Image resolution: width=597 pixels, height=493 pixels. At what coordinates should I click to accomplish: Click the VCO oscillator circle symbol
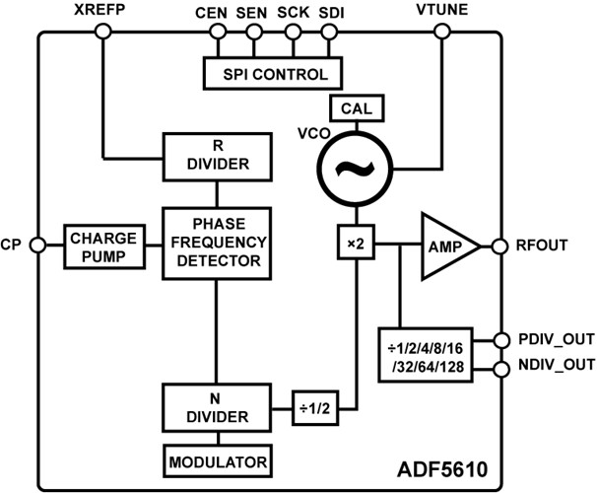[351, 168]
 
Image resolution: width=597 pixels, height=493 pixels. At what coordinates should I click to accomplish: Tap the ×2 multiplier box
[351, 244]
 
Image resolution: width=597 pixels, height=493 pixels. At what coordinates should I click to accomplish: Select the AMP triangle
[445, 244]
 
